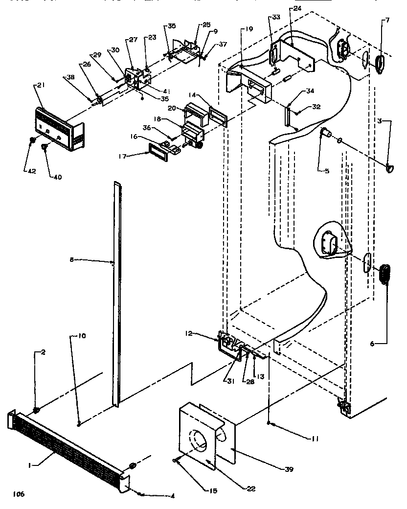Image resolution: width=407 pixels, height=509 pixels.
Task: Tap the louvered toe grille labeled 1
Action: click(68, 447)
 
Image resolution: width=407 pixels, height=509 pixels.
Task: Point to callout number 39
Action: click(289, 470)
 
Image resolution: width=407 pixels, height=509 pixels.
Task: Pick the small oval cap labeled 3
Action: click(390, 169)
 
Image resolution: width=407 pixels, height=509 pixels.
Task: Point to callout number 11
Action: click(313, 439)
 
